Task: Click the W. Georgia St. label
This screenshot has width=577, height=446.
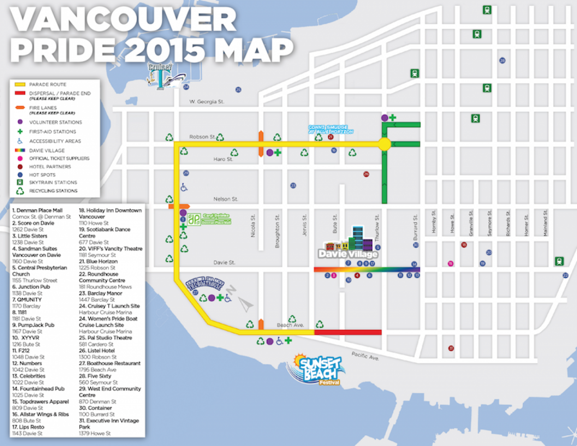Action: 206,102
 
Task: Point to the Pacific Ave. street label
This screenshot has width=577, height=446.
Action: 365,356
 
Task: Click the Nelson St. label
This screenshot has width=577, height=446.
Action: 225,199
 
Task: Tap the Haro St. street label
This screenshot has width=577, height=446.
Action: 223,159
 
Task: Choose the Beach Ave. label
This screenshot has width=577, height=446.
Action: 290,325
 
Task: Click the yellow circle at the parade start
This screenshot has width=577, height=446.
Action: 384,144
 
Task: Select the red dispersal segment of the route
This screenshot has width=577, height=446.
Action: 348,332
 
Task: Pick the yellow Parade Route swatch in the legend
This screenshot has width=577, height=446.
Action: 20,84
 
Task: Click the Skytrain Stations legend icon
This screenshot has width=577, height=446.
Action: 20,182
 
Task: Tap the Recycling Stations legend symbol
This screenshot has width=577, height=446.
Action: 20,191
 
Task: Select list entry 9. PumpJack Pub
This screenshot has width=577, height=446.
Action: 33,325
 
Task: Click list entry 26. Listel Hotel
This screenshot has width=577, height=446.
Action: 97,350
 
